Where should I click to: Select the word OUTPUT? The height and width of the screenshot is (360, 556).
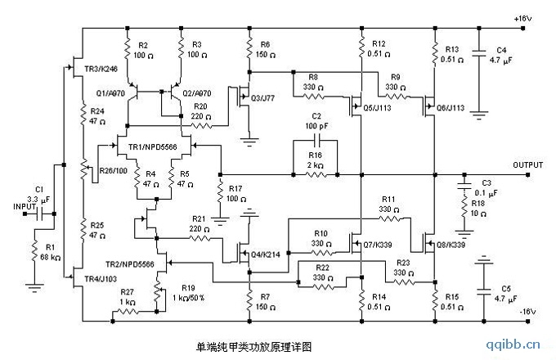pyautogui.click(x=528, y=164)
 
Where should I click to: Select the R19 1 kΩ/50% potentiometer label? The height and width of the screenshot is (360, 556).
pyautogui.click(x=185, y=293)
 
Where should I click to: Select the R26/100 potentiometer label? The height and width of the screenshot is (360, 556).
pyautogui.click(x=114, y=170)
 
